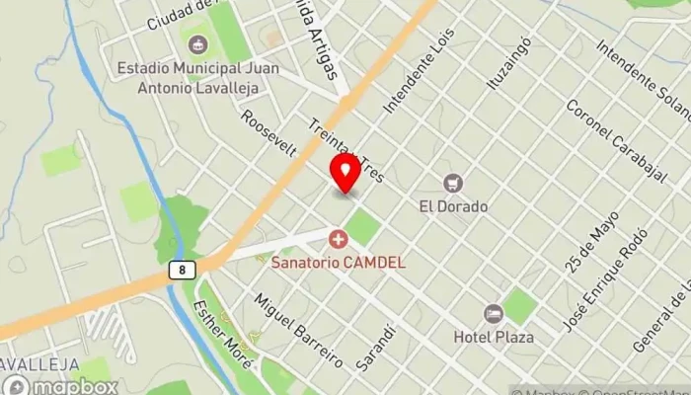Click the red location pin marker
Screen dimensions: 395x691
pyautogui.click(x=345, y=173)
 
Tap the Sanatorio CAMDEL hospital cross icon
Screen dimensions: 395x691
pyautogui.click(x=339, y=240)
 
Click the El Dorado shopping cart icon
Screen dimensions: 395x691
pyautogui.click(x=453, y=184)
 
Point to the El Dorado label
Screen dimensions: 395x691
pyautogui.click(x=453, y=207)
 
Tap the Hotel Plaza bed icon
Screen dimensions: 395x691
pyautogui.click(x=493, y=314)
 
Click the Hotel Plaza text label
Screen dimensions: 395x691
pyautogui.click(x=494, y=337)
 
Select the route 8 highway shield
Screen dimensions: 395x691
pyautogui.click(x=182, y=269)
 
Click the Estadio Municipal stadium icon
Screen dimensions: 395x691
pyautogui.click(x=197, y=45)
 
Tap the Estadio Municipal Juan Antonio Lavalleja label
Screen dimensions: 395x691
pyautogui.click(x=197, y=78)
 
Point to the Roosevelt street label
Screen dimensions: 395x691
pyautogui.click(x=269, y=133)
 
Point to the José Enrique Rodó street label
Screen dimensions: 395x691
pyautogui.click(x=604, y=287)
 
